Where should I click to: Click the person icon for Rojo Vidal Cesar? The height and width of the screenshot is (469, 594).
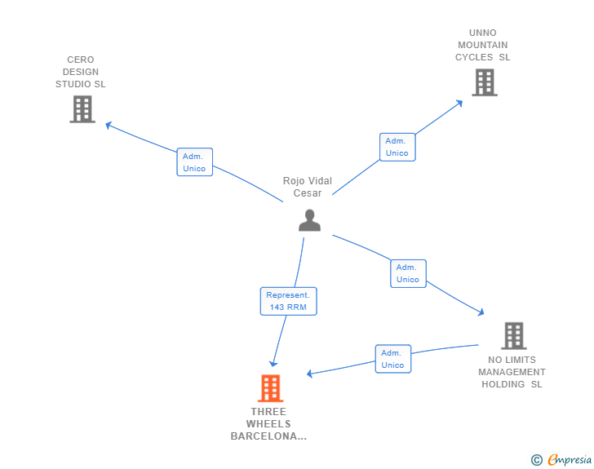click(309, 220)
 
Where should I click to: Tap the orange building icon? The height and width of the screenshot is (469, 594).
click(271, 388)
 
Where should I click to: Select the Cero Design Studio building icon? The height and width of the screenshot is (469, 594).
click(82, 109)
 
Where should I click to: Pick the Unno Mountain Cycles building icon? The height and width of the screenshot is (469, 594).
click(485, 82)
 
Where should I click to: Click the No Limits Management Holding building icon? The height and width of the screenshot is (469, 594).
click(514, 336)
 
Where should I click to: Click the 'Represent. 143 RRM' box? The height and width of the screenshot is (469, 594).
click(288, 301)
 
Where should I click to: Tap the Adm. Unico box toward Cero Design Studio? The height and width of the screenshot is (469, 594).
click(195, 162)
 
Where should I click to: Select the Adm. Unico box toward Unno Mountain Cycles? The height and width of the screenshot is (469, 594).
click(397, 147)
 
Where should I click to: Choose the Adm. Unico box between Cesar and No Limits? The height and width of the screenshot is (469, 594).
click(408, 273)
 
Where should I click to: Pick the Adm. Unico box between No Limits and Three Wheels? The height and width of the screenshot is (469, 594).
click(392, 359)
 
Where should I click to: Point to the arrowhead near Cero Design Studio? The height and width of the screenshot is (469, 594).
click(109, 126)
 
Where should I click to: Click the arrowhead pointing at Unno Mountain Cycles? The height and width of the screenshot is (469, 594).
click(459, 104)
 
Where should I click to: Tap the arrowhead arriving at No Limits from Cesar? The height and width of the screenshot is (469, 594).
click(481, 312)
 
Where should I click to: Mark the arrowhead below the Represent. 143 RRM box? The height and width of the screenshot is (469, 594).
click(273, 364)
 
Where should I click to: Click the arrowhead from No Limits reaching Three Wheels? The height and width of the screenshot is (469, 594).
click(309, 374)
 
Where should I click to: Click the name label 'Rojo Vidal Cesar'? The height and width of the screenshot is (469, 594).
click(308, 187)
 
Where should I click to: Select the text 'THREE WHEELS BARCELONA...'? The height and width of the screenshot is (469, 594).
click(268, 424)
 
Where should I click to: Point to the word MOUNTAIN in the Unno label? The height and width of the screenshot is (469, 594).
click(483, 45)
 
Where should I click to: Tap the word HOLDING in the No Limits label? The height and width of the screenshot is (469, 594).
click(503, 384)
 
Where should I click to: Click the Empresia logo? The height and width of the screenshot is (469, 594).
click(561, 459)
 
